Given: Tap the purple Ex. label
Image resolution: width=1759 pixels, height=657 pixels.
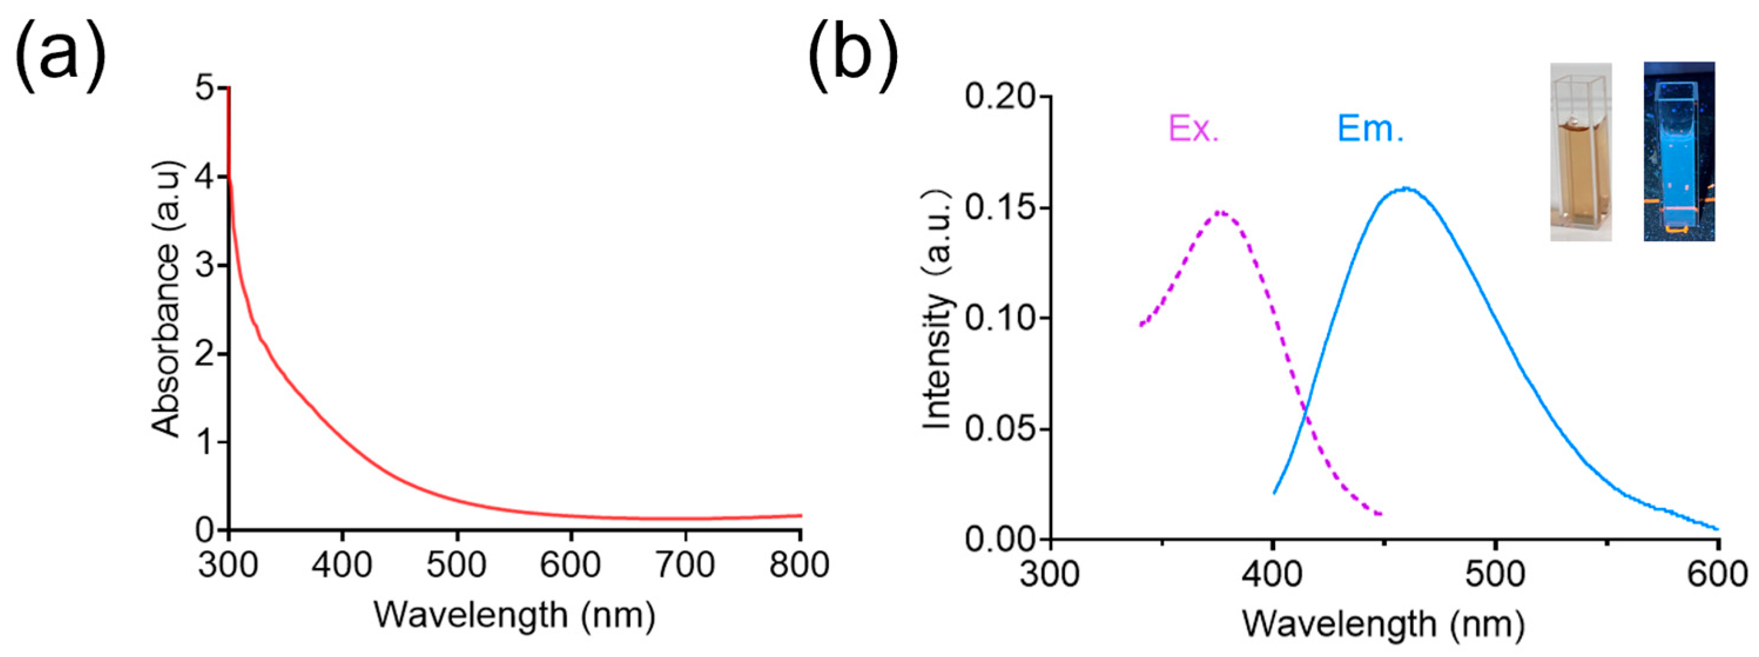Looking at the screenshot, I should pyautogui.click(x=1194, y=128).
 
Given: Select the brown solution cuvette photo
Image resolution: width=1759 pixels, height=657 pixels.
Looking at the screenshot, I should pyautogui.click(x=1581, y=151).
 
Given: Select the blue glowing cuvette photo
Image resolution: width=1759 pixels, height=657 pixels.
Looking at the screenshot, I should pyautogui.click(x=1679, y=151).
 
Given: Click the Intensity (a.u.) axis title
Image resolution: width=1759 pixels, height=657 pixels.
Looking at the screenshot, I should pyautogui.click(x=937, y=310).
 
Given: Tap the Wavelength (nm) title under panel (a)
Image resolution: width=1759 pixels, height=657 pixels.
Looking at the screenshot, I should pyautogui.click(x=514, y=614).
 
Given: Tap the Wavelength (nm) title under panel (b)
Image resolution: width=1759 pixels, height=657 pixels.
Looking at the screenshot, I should pyautogui.click(x=1383, y=624).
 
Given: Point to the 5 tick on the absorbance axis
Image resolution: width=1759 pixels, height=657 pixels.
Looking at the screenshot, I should pyautogui.click(x=204, y=89).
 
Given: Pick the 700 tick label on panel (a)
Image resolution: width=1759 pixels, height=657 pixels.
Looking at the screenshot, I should pyautogui.click(x=685, y=565).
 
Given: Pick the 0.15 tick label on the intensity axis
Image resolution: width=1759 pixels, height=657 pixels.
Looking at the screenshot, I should pyautogui.click(x=997, y=208).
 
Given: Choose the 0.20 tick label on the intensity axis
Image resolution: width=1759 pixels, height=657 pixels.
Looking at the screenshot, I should pyautogui.click(x=997, y=97).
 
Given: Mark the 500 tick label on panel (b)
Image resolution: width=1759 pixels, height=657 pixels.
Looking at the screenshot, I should pyautogui.click(x=1495, y=574).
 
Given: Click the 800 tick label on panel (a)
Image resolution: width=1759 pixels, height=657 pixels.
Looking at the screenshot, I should pyautogui.click(x=799, y=565).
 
